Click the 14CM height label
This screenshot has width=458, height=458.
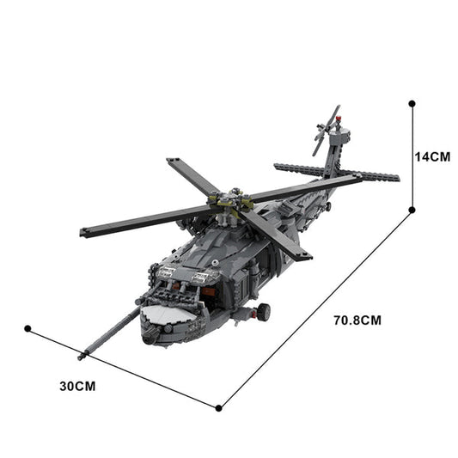coord(432,157)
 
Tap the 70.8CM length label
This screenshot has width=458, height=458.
coord(357,320)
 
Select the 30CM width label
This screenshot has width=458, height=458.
coord(77,386)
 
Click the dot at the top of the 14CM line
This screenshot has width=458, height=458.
coord(412,103)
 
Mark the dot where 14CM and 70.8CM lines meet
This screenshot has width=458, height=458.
coord(412,210)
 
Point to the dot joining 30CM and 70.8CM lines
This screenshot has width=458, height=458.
coord(220,407)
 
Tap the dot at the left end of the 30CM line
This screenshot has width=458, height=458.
coord(27,328)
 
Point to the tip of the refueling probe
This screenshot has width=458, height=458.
coord(82,355)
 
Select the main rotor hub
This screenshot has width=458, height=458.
coord(228,204)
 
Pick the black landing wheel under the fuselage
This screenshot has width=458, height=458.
coord(265,311)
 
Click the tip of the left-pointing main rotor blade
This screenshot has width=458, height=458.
coord(84,232)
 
